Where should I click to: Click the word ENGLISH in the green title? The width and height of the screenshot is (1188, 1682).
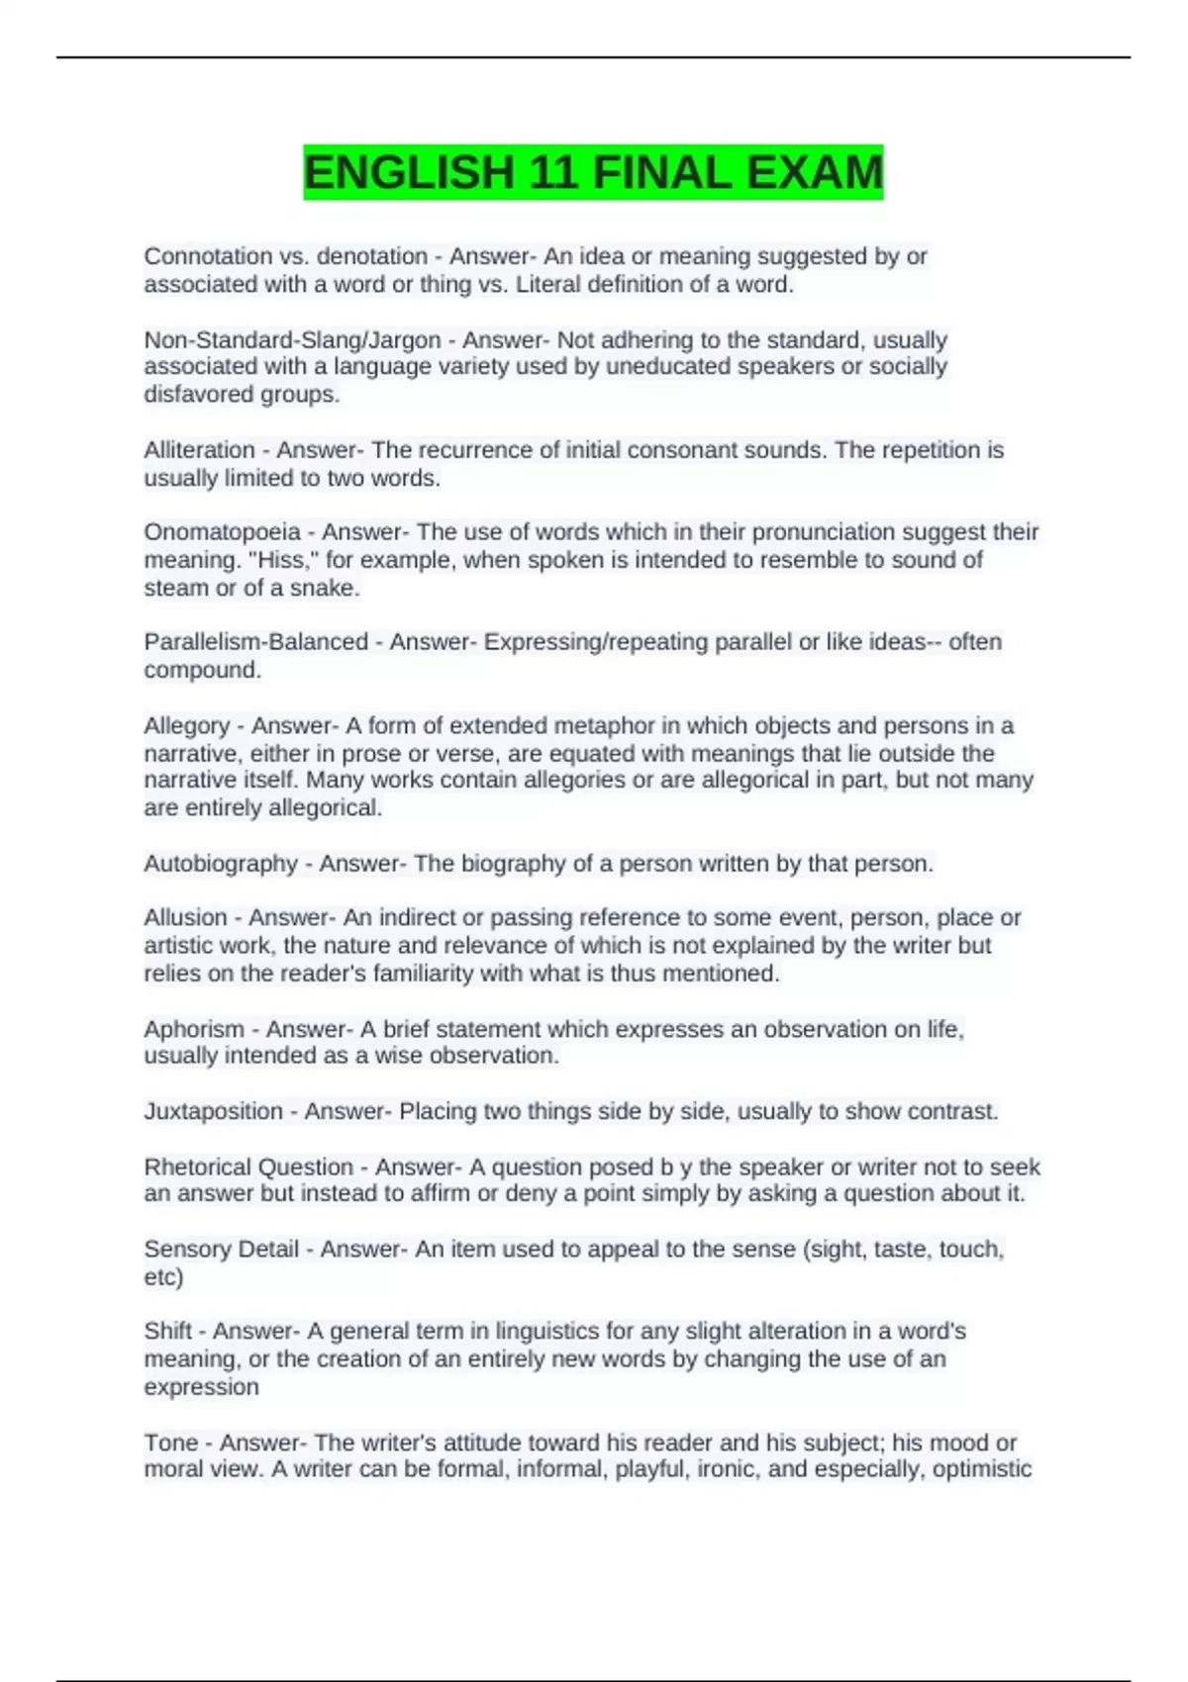[x=409, y=173]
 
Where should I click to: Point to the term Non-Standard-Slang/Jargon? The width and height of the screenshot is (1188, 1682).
[x=292, y=340]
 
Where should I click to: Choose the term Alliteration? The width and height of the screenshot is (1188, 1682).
[x=199, y=450]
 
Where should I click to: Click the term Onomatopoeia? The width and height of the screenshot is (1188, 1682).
[x=222, y=532]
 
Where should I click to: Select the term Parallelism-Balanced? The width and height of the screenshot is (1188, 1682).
[x=255, y=642]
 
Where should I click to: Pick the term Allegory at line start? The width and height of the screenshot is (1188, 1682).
[x=186, y=726]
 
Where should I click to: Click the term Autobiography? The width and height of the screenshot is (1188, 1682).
[x=220, y=864]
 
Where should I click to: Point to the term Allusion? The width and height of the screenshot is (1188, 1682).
[x=185, y=918]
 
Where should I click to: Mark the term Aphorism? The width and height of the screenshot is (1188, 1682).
[x=193, y=1029]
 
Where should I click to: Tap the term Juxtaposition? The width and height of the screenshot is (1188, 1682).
[x=213, y=1112]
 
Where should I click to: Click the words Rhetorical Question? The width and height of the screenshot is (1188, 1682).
[x=248, y=1168]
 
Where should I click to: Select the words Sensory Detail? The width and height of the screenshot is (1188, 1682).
[x=221, y=1250]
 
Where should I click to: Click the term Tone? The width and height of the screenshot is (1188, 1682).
[x=170, y=1443]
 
